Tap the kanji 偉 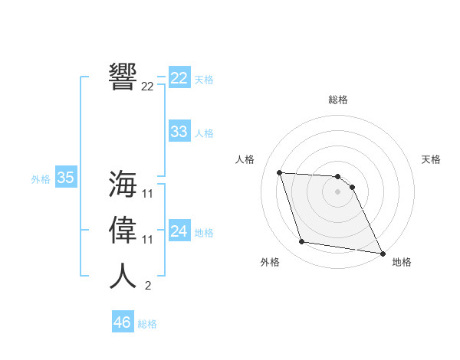[x=123, y=230]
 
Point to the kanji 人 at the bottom [x=123, y=276]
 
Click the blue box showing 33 [x=179, y=132]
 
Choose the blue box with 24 [x=179, y=231]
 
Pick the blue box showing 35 [x=65, y=178]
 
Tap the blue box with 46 [x=122, y=322]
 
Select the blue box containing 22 [x=179, y=78]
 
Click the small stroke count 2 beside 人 [x=148, y=286]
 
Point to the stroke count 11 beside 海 [x=148, y=194]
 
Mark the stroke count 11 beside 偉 [x=148, y=240]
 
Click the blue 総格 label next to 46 [x=148, y=324]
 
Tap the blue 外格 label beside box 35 [x=41, y=179]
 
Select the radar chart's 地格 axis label [x=402, y=263]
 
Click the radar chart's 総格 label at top [x=338, y=100]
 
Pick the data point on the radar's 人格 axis [x=280, y=172]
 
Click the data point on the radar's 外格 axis [x=302, y=242]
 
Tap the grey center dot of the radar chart [x=338, y=191]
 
